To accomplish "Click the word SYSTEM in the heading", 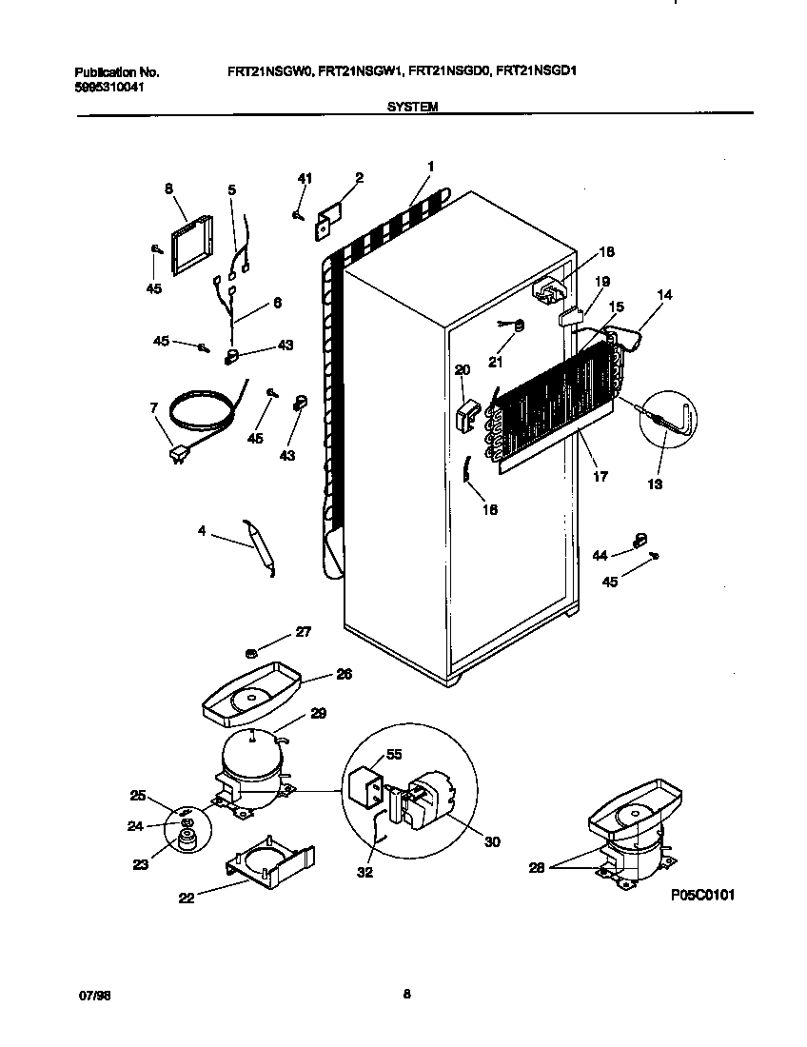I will (412, 108).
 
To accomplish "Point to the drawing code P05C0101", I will (702, 896).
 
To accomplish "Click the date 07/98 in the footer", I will (90, 996).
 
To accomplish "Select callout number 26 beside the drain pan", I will (344, 674).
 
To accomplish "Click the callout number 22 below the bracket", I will (187, 897).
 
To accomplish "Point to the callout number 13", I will (654, 484).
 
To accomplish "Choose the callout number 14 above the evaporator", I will (663, 295).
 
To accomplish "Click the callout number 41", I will (304, 178).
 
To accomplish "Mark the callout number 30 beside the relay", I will (492, 841).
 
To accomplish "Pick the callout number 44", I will (599, 554).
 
